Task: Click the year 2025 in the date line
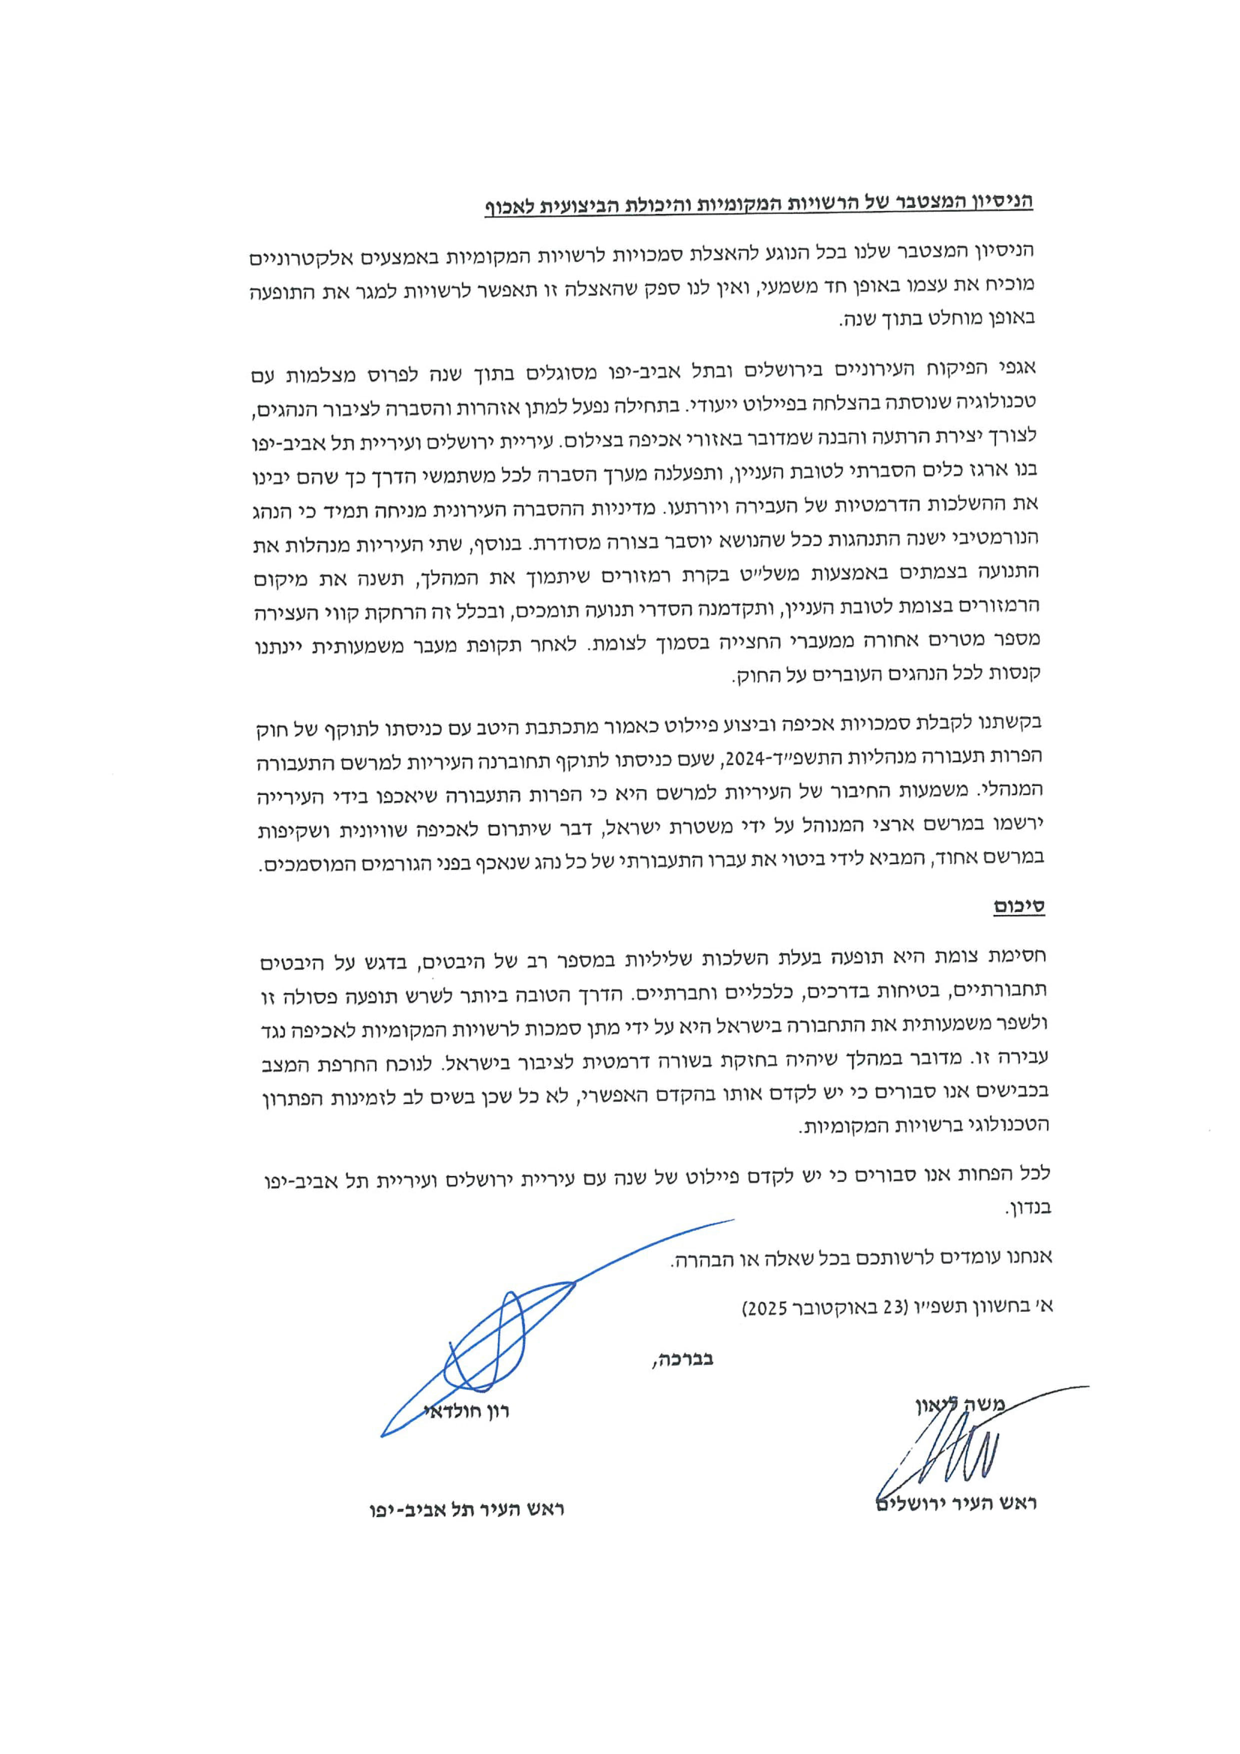coord(767,1307)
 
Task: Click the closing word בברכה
coord(682,1359)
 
